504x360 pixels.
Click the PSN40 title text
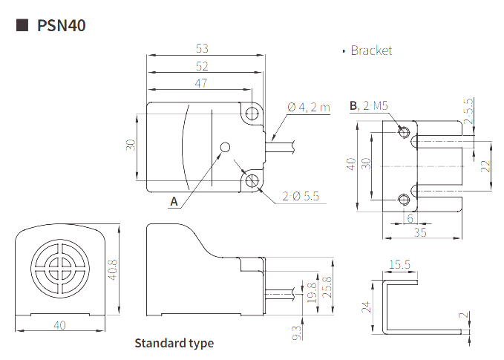[62, 25]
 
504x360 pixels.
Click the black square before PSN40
[22, 25]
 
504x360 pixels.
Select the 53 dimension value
[202, 48]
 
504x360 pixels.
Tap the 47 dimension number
[201, 84]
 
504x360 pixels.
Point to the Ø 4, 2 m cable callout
[309, 107]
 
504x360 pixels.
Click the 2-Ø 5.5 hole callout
[301, 196]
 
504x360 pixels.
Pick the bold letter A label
[174, 202]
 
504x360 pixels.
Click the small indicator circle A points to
[226, 147]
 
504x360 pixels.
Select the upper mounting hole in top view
[252, 114]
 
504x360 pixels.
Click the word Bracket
[371, 50]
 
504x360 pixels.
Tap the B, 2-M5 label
[369, 105]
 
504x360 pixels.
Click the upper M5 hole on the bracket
[404, 132]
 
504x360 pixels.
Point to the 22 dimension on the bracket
[485, 166]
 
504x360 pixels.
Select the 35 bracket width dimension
[420, 232]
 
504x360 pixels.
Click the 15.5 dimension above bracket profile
[400, 264]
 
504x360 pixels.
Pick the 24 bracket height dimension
[367, 307]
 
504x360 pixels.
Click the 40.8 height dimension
[113, 269]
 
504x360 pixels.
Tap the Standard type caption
[174, 343]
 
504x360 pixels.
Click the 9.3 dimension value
[297, 333]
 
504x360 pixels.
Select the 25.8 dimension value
[327, 287]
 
